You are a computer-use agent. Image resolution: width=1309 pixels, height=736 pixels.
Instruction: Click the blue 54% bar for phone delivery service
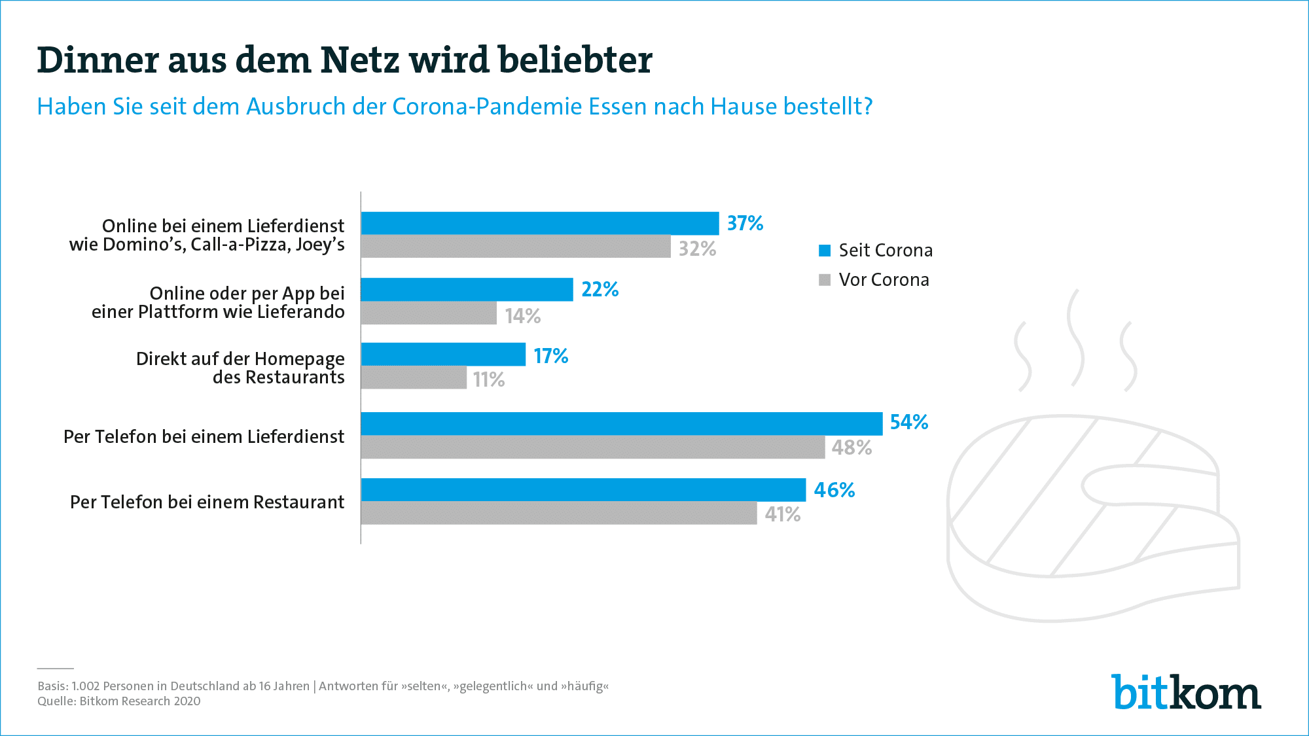622,424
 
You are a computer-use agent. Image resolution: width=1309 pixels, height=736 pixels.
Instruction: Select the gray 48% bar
592,447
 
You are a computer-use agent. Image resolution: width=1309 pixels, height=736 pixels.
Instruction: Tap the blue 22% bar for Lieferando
467,289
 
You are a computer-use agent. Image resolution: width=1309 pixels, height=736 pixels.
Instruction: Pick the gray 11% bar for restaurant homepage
414,378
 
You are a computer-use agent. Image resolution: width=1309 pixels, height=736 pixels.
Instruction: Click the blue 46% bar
583,490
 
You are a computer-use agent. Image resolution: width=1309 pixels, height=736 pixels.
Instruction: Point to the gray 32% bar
516,247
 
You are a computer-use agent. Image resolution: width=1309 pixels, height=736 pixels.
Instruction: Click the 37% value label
745,224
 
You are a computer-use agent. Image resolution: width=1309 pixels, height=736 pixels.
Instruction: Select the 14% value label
522,317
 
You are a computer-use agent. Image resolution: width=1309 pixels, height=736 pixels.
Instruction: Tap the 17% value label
550,356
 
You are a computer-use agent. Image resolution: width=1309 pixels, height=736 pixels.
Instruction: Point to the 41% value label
782,515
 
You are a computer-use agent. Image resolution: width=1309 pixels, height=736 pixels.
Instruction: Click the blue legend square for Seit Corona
825,251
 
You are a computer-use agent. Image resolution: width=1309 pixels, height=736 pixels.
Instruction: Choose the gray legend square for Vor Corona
825,280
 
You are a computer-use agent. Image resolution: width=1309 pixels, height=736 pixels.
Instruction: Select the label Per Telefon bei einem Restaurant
207,502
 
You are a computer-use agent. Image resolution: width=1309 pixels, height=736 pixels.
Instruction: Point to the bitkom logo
1185,692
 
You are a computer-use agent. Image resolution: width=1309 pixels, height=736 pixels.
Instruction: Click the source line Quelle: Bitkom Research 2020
119,701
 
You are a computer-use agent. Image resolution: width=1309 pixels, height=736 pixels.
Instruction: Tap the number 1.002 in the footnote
85,686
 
